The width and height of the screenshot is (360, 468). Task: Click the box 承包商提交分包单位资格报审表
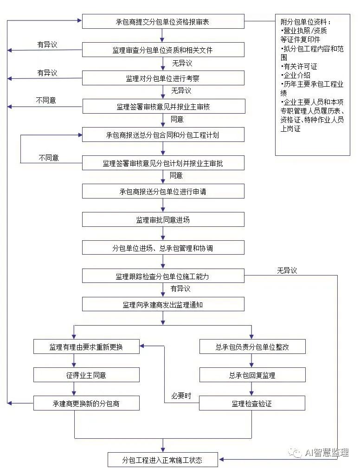[163, 21]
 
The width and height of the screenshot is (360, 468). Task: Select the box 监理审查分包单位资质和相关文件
[163, 50]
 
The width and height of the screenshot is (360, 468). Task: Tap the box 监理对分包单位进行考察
[163, 78]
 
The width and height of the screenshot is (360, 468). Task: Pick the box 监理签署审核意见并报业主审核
[164, 106]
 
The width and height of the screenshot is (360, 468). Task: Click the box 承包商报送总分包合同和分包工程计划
[163, 135]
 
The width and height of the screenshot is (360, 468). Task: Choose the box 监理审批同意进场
[163, 219]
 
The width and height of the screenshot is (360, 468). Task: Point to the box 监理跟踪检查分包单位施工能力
[163, 276]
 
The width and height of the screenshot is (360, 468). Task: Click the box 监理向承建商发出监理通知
[163, 304]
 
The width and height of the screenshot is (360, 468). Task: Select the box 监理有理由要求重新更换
[86, 346]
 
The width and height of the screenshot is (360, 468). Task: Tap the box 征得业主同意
[86, 375]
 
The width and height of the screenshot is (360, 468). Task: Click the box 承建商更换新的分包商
[86, 403]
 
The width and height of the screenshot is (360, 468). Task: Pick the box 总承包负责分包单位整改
[252, 346]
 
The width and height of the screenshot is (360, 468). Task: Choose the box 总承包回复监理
[252, 375]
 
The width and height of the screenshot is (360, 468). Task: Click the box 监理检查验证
[252, 403]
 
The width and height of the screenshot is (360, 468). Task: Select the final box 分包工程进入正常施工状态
[163, 460]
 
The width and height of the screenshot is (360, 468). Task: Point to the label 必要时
[181, 396]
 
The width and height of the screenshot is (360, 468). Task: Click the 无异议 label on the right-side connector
[287, 270]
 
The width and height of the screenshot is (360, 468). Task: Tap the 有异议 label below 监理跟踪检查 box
[180, 288]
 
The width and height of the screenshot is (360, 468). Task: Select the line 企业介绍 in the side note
[296, 75]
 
